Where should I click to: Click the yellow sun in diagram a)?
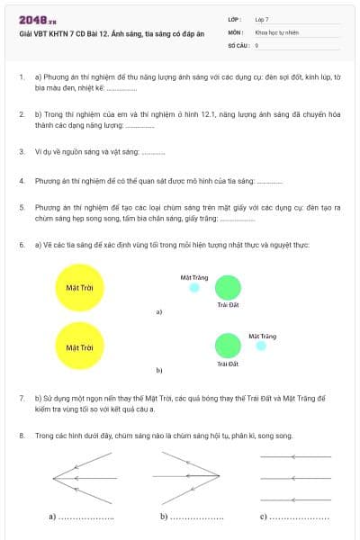(x=80, y=288)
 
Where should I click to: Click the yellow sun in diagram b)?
(x=80, y=346)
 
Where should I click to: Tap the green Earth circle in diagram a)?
(x=229, y=288)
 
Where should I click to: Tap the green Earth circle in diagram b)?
(x=229, y=346)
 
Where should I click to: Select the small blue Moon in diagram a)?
(x=194, y=288)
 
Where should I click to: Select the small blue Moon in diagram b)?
(x=261, y=346)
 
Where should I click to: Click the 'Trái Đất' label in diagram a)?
(x=228, y=306)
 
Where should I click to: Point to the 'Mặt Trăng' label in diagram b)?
(x=262, y=336)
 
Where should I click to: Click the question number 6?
(x=21, y=245)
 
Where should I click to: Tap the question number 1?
(x=21, y=78)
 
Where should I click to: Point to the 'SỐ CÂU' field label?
(x=237, y=44)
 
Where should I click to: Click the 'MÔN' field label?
(x=235, y=31)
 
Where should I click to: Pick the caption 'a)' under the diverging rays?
(x=53, y=517)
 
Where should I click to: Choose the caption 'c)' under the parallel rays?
(x=264, y=517)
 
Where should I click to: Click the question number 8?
(x=21, y=436)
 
